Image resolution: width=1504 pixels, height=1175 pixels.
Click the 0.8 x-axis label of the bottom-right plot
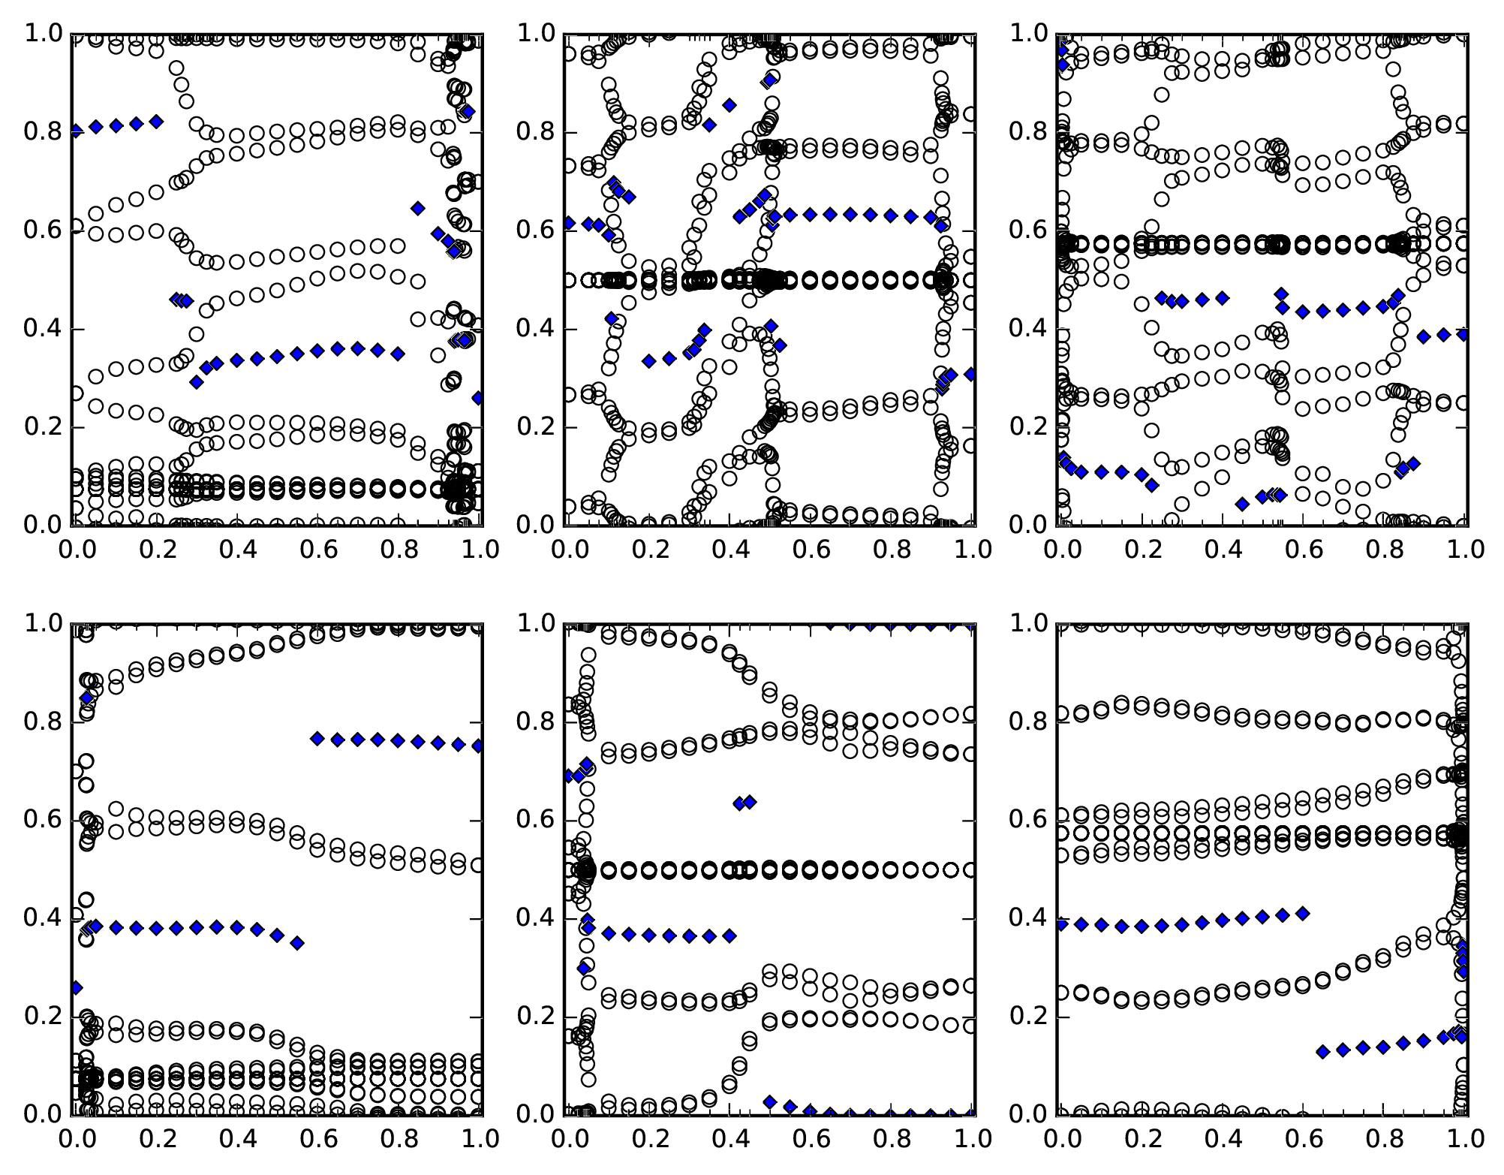click(x=1384, y=1138)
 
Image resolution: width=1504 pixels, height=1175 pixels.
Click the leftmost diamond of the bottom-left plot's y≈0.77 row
click(x=317, y=739)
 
